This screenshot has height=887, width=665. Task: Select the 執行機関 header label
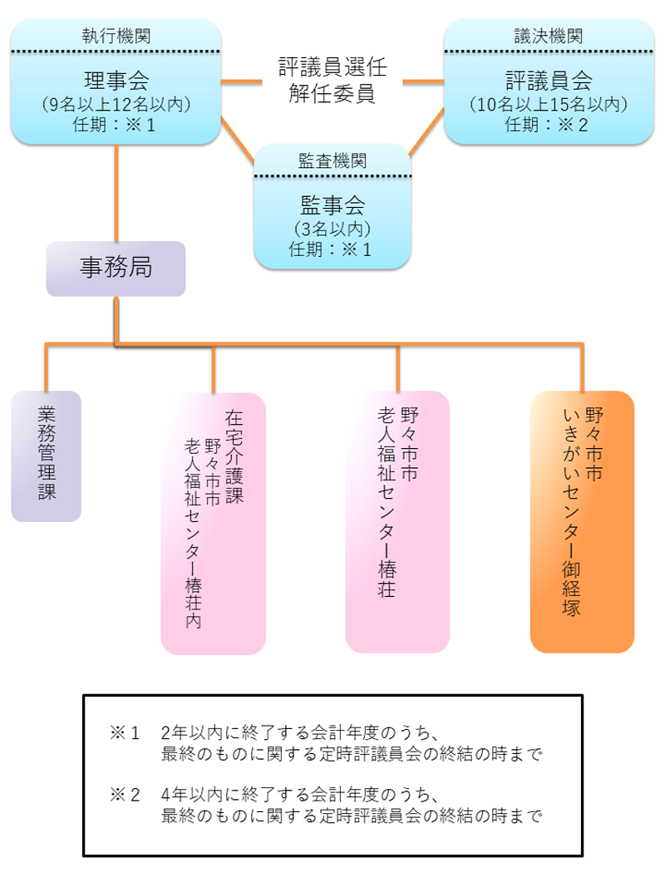[x=116, y=36]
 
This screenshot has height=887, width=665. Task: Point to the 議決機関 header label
[x=549, y=36]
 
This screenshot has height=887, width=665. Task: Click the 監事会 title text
[x=332, y=205]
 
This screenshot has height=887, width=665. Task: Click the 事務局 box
[x=116, y=268]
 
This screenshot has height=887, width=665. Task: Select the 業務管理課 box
[x=47, y=456]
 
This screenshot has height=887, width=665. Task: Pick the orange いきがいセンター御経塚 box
[x=582, y=520]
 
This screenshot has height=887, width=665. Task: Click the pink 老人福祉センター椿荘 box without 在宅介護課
[x=397, y=520]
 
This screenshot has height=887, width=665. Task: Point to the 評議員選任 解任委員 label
[x=332, y=81]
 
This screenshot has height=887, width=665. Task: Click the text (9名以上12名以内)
[x=116, y=105]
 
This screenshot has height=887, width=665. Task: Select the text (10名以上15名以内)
[x=549, y=105]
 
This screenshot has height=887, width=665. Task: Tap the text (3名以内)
[x=332, y=228]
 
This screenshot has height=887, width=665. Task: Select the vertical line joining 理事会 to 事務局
[x=116, y=193]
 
